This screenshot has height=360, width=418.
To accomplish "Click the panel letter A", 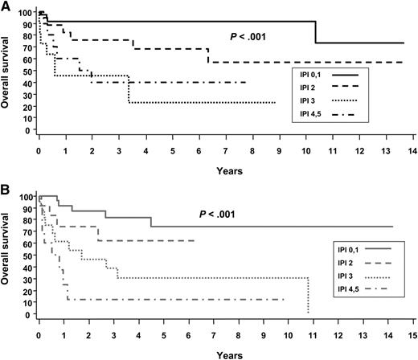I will [x=6, y=7].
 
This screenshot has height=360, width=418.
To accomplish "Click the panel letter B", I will [x=6, y=190].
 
